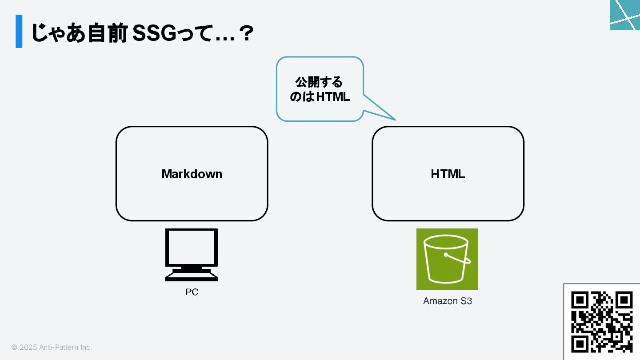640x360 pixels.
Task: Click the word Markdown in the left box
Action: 192,174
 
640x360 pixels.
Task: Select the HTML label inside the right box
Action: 448,174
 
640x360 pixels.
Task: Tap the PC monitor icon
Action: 192,254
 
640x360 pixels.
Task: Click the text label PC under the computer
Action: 192,292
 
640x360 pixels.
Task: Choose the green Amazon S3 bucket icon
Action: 447,259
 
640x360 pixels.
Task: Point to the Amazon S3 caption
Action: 447,301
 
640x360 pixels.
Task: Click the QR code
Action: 602,322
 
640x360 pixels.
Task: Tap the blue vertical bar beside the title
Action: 19,31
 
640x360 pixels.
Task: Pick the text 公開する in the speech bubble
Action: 319,82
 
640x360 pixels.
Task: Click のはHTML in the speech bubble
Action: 320,96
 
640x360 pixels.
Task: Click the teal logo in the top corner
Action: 625,15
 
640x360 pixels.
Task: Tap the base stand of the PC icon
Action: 192,276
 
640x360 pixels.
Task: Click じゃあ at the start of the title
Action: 58,34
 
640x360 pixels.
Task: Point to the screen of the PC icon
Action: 192,247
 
